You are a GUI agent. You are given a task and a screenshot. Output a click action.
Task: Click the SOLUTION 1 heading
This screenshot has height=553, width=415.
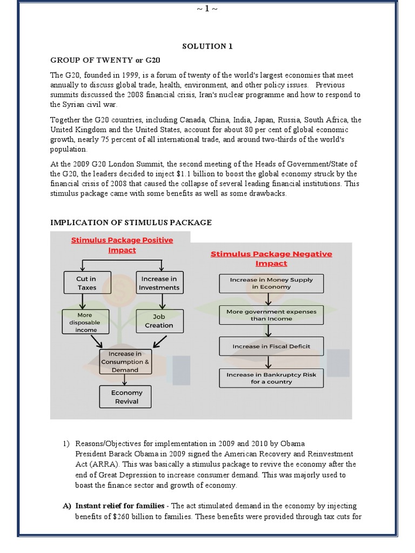point(207,46)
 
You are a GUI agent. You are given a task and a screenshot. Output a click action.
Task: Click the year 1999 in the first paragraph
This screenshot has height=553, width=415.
point(129,76)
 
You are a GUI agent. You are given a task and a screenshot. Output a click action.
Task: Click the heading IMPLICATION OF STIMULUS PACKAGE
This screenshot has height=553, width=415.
point(131,222)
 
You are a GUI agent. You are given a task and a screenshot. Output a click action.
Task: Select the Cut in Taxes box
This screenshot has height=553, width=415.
point(86,284)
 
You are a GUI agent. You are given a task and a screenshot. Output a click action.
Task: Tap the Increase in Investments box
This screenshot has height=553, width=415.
point(159,284)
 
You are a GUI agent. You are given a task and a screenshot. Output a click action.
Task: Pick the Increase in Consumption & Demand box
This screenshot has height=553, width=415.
point(125,362)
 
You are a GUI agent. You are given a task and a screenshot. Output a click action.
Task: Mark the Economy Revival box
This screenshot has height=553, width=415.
point(126,397)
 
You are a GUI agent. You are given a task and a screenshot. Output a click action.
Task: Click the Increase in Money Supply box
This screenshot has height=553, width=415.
point(271,284)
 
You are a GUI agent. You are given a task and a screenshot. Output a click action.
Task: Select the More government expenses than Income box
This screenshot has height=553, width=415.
point(271,315)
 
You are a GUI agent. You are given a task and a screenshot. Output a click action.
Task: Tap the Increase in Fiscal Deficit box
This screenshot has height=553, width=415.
point(271,346)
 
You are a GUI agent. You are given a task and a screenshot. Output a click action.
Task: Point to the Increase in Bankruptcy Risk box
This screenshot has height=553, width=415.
point(271,378)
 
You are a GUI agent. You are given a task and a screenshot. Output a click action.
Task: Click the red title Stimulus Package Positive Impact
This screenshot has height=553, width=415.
point(122,245)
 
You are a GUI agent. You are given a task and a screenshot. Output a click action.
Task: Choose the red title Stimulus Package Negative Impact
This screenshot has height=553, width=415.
point(271,259)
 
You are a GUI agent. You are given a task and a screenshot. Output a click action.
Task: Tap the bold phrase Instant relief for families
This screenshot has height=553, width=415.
point(120,506)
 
